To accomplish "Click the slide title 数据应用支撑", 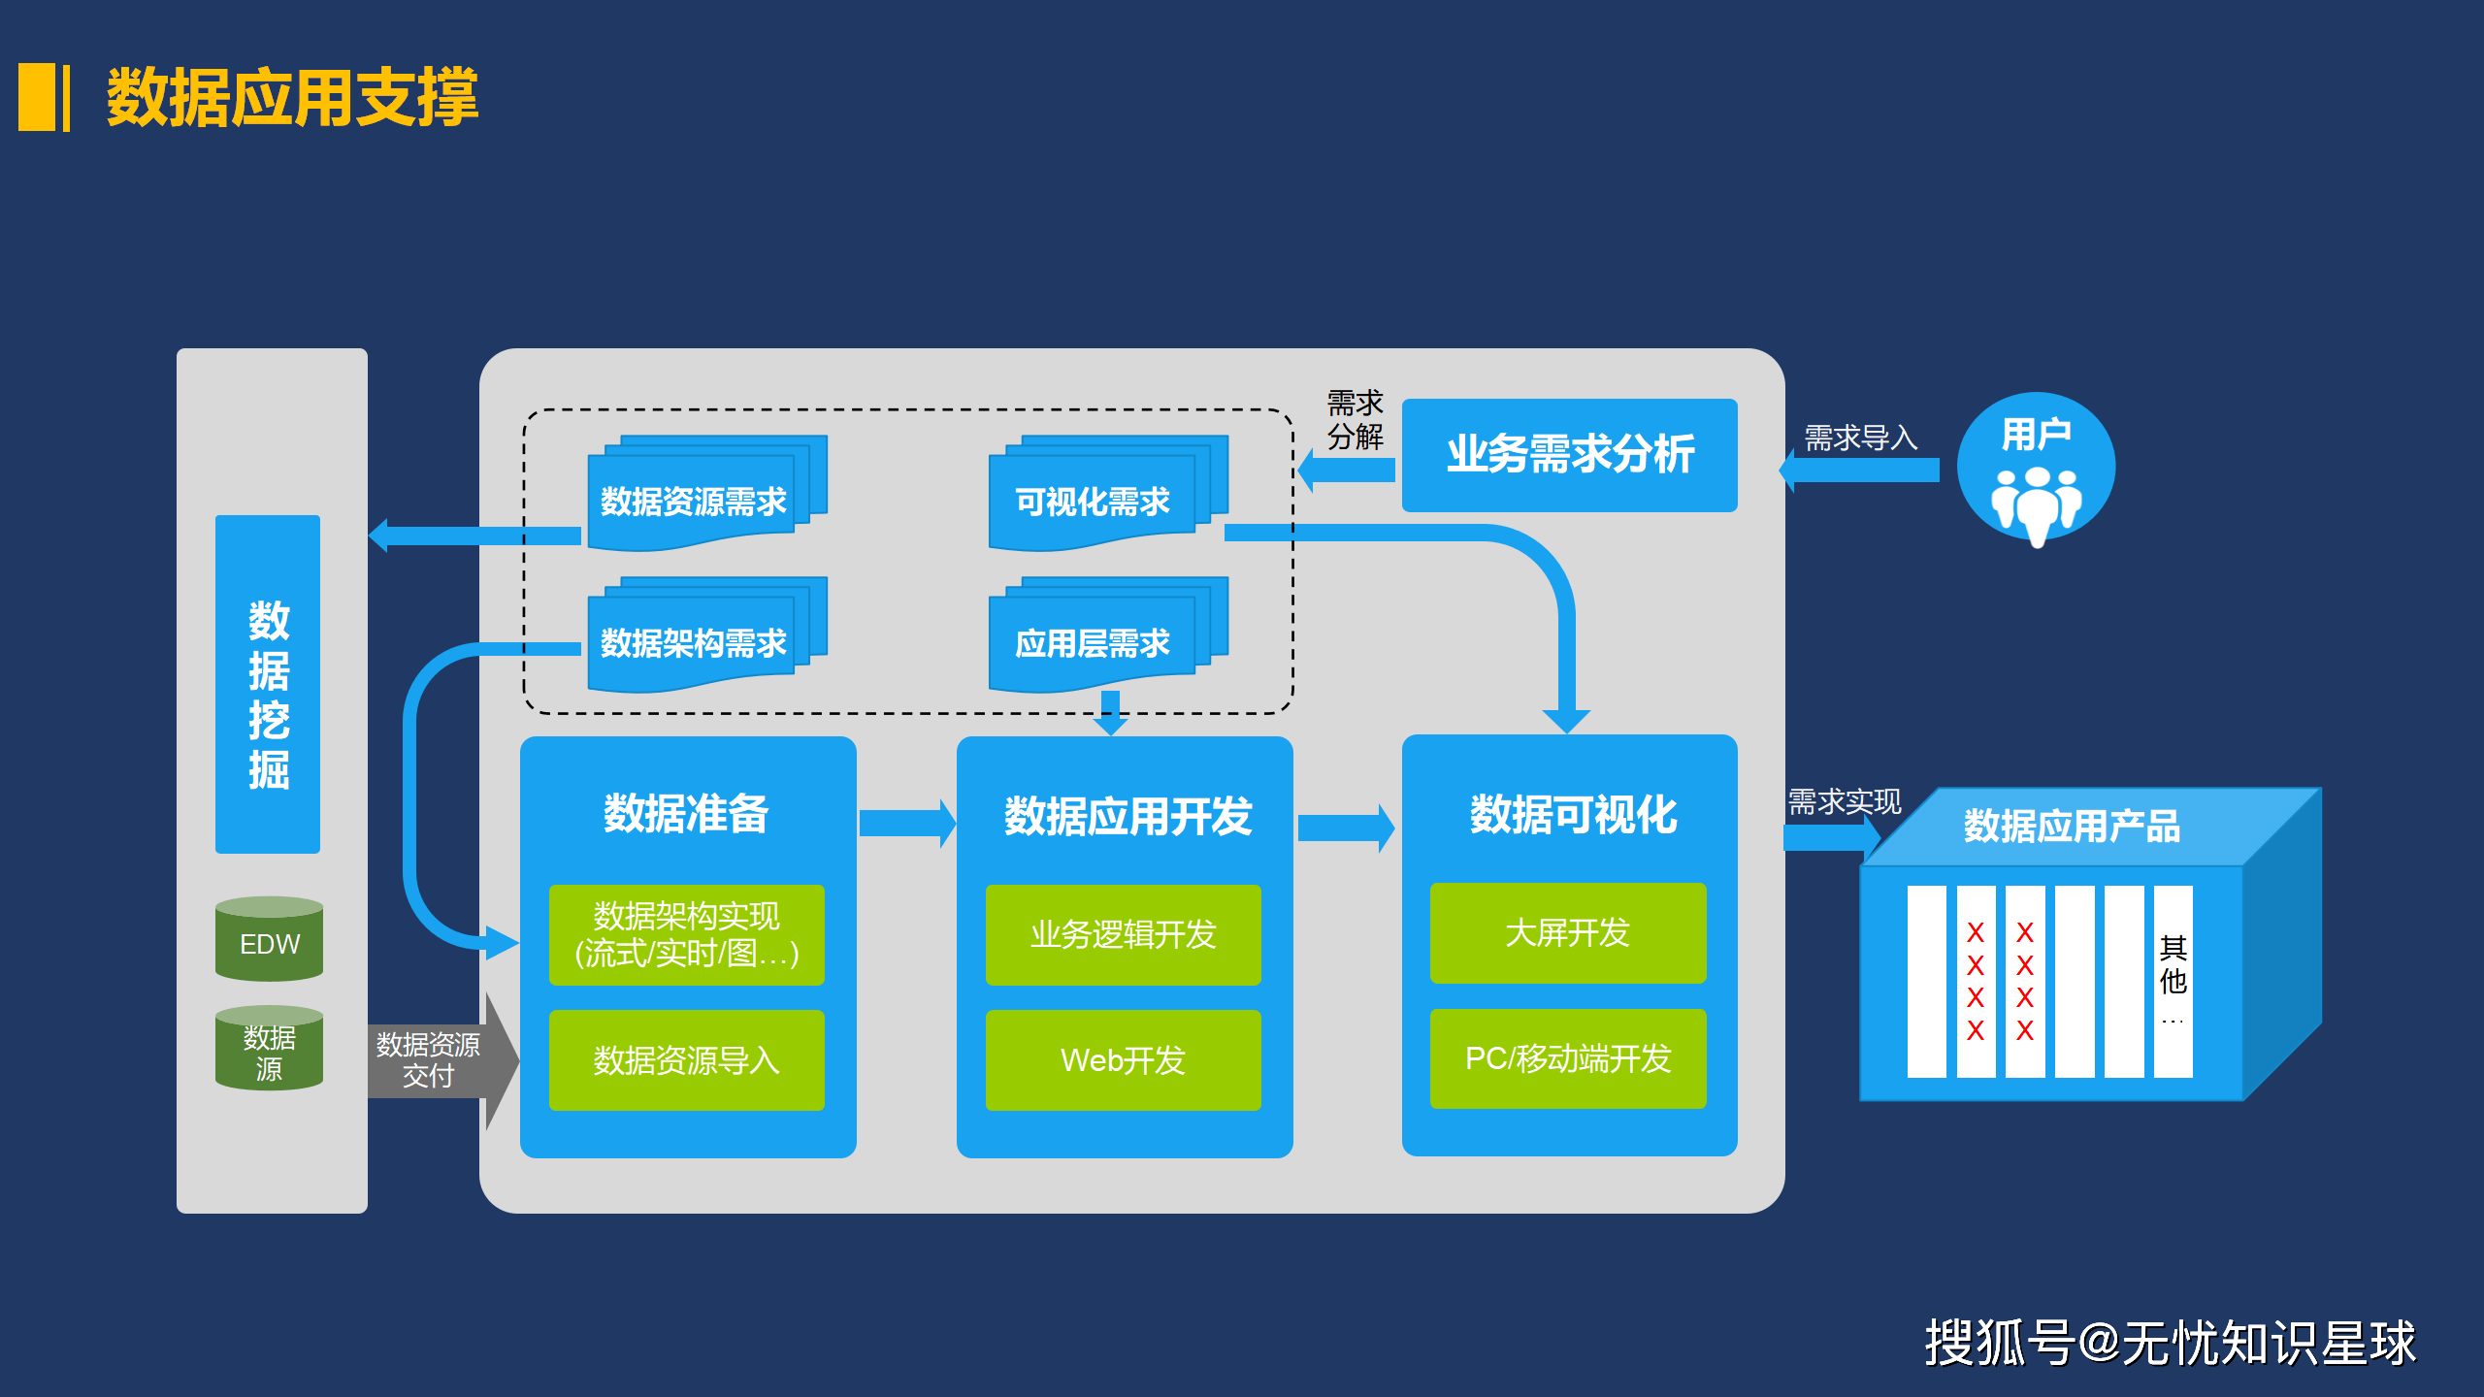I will (x=292, y=97).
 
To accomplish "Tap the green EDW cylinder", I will (x=269, y=941).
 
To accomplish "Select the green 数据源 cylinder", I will (x=269, y=1051).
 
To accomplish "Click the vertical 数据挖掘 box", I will (x=268, y=684).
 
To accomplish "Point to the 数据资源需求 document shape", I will (x=693, y=500).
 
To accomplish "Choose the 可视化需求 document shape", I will (x=1093, y=500).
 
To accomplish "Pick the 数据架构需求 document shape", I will (x=693, y=641).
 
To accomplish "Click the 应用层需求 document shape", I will (x=1093, y=641).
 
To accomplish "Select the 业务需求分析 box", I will (x=1569, y=455).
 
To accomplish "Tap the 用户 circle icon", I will (x=2036, y=468).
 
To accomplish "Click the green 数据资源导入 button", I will (x=686, y=1059).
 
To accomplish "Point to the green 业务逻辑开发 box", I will (x=1123, y=934).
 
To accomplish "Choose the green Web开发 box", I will (x=1123, y=1059).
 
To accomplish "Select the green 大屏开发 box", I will (x=1567, y=932).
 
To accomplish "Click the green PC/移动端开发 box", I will (x=1567, y=1057).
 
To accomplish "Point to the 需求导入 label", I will (x=1860, y=438).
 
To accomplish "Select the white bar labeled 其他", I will (x=2173, y=980).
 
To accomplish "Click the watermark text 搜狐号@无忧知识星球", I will (x=2170, y=1343).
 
